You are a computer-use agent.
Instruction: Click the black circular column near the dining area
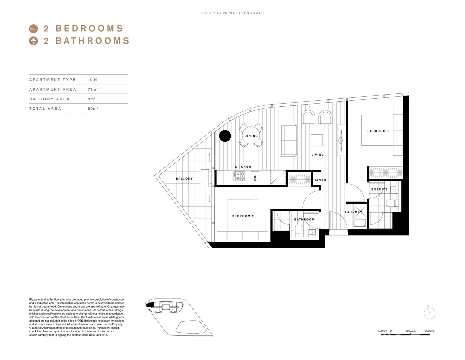point(225,136)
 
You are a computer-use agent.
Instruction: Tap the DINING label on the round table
point(251,136)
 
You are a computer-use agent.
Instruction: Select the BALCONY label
point(184,179)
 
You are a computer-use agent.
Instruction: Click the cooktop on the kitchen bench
point(239,176)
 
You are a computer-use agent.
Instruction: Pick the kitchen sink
point(255,176)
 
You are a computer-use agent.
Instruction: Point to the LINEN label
point(320,180)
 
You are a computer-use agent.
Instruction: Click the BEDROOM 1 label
point(378,131)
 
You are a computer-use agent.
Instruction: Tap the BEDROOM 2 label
point(243,216)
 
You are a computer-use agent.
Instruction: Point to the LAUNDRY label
point(353,212)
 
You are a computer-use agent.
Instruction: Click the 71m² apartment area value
point(93,89)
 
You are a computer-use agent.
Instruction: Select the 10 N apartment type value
point(92,80)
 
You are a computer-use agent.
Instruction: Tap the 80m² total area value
point(93,109)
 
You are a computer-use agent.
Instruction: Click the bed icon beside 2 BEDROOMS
point(33,29)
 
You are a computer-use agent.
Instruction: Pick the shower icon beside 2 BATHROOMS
point(33,41)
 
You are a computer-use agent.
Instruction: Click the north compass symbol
point(429,313)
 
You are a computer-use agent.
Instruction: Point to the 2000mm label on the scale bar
point(430,331)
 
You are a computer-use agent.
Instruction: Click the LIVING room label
point(318,155)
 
